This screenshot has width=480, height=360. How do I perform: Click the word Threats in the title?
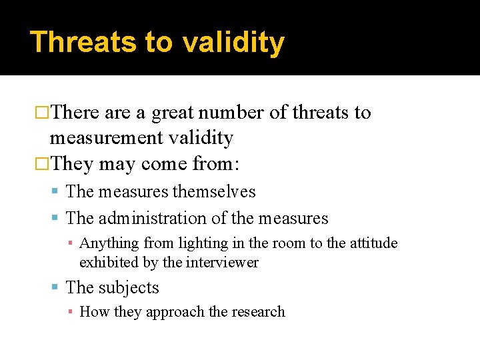(83, 42)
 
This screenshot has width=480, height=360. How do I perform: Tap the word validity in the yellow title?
(233, 42)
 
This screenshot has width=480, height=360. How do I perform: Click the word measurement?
(105, 138)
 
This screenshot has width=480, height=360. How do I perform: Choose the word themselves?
(214, 192)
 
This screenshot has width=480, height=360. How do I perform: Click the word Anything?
(109, 243)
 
